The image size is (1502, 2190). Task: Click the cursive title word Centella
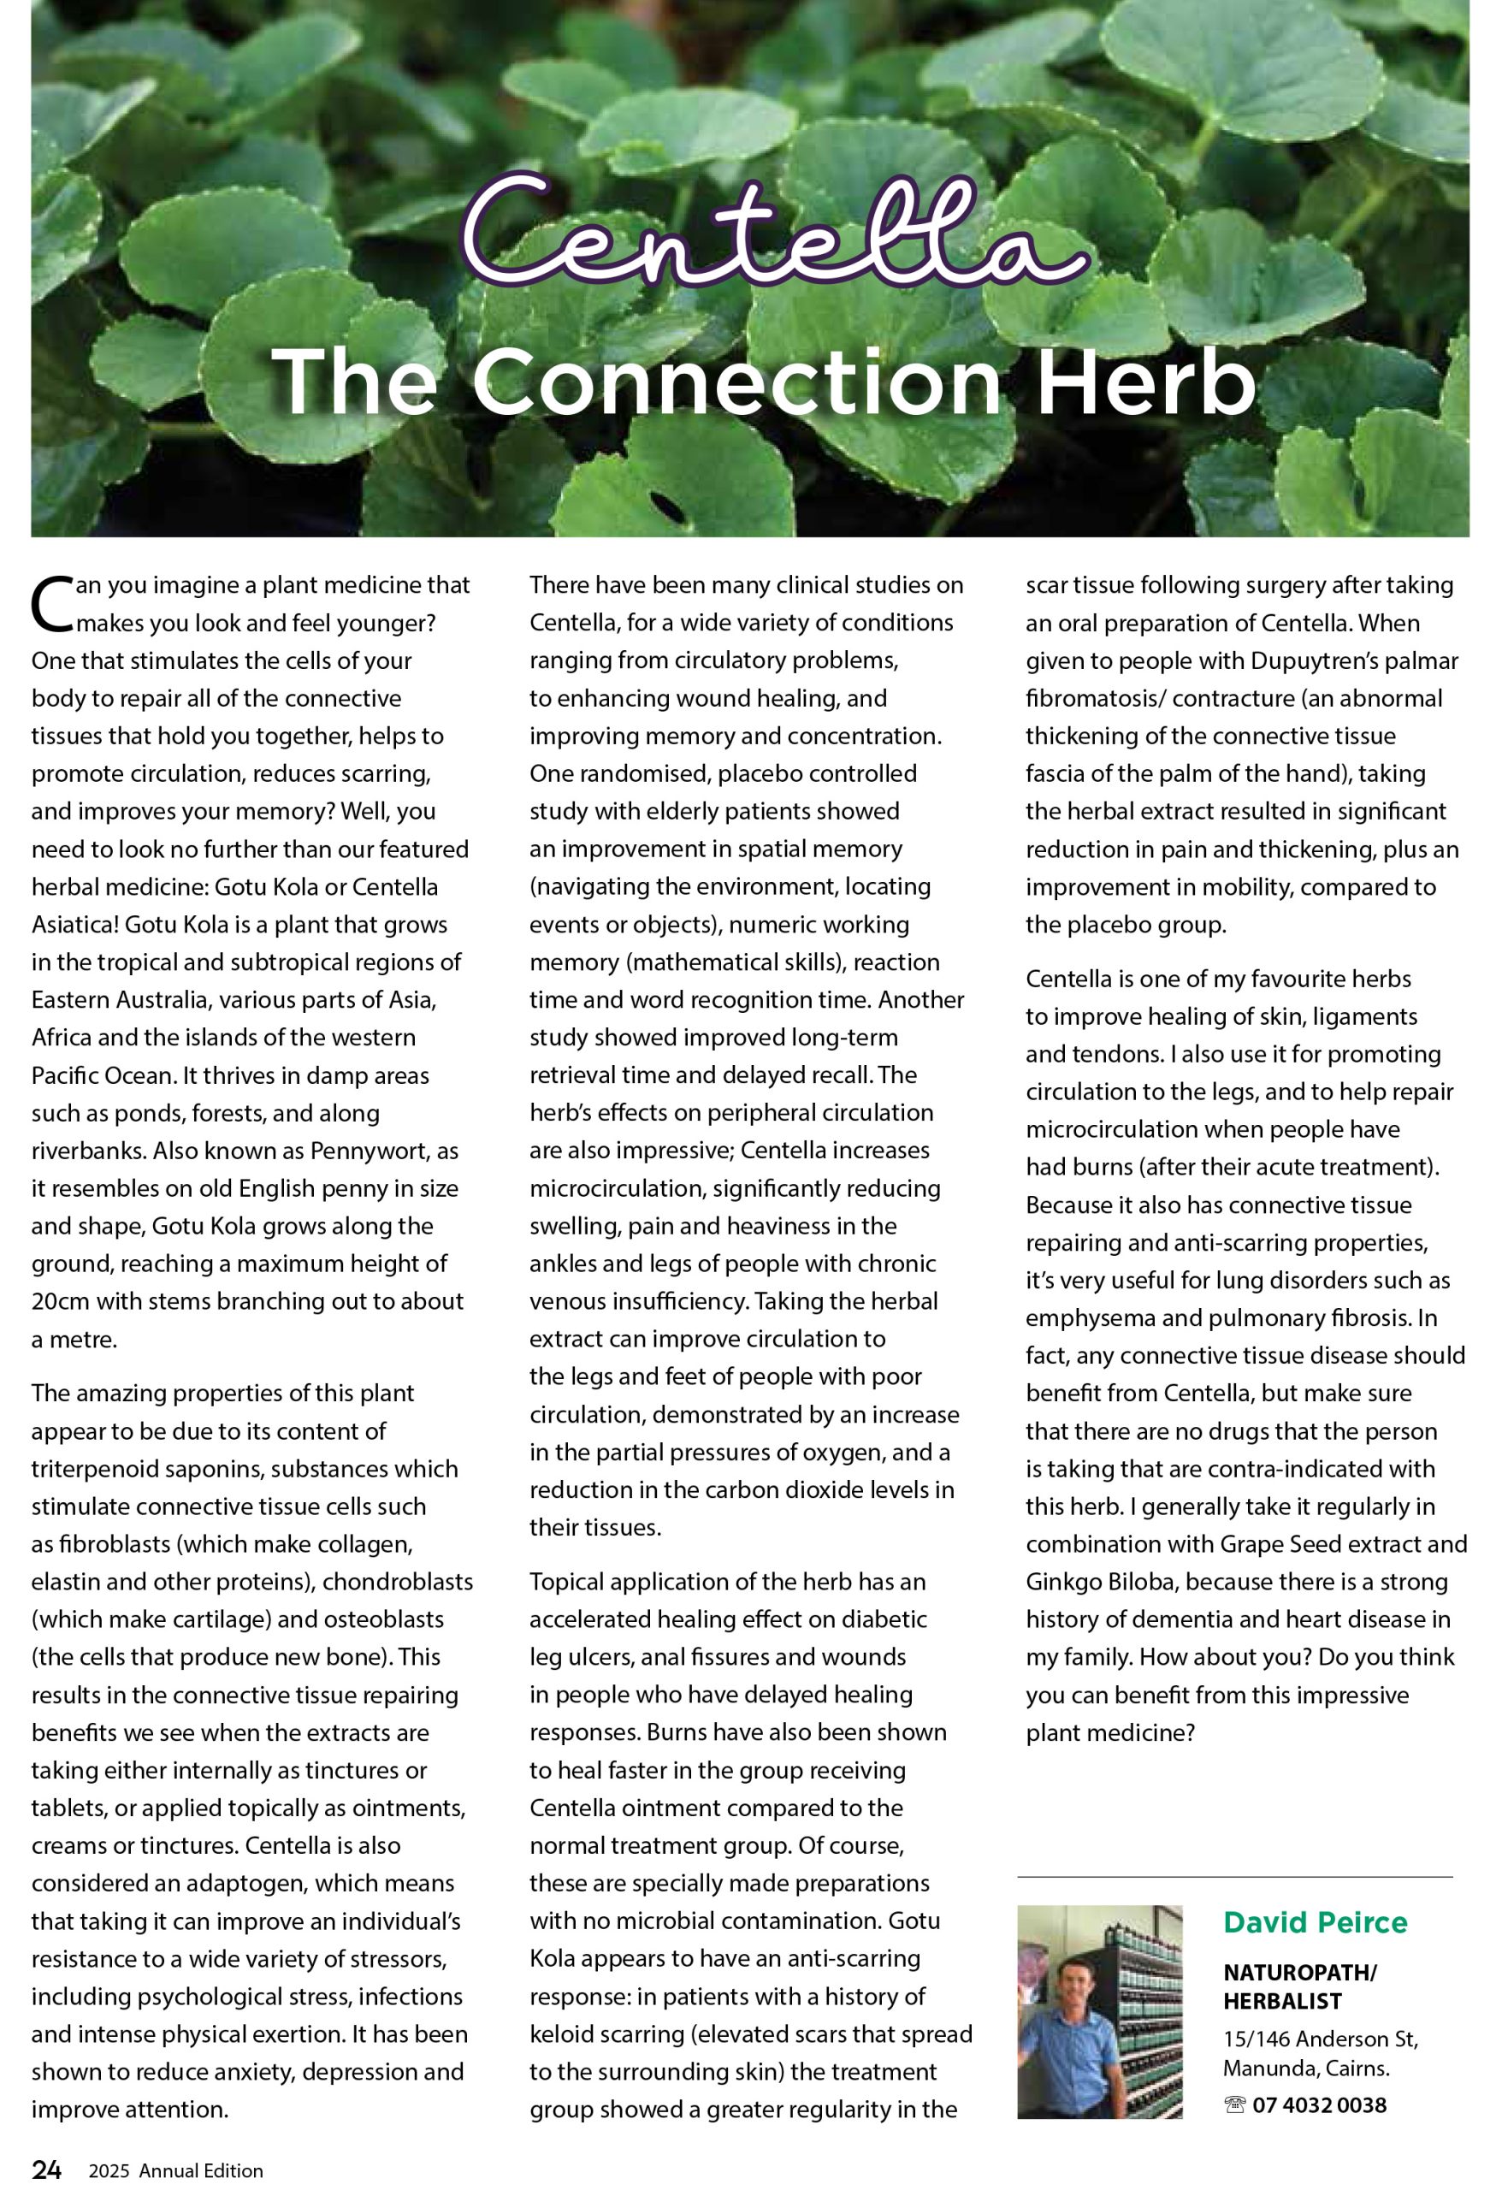tap(772, 231)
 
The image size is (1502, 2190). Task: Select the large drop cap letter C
tap(52, 604)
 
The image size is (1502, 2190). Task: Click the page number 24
tap(46, 2169)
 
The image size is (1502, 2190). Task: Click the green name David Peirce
tap(1315, 1921)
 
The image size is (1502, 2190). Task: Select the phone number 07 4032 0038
tap(1319, 2104)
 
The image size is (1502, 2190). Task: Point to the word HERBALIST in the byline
tap(1281, 2001)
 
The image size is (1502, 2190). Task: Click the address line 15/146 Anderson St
tap(1320, 2039)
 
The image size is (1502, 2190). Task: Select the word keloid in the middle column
tap(562, 2033)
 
